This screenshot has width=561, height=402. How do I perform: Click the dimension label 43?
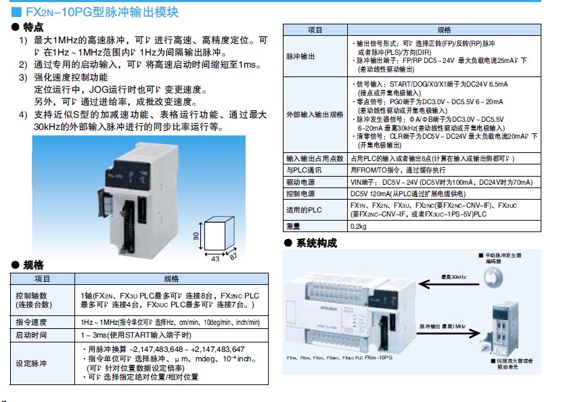click(215, 259)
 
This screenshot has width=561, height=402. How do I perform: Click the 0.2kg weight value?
click(358, 226)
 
